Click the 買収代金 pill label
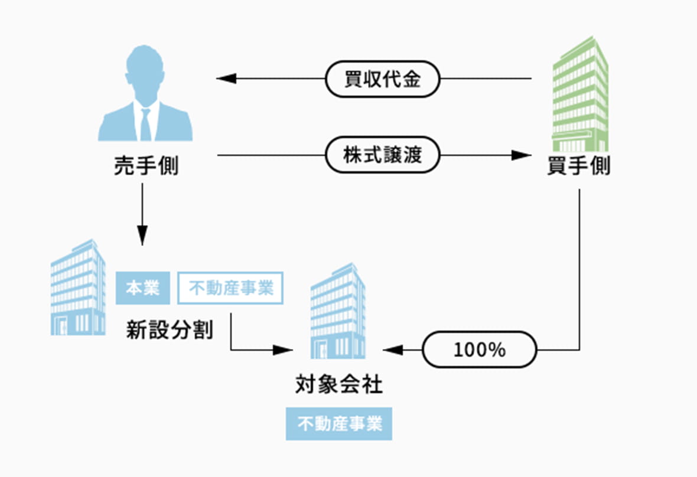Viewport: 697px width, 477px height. click(x=382, y=79)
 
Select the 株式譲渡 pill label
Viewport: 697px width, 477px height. click(x=382, y=155)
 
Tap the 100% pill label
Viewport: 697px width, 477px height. click(x=479, y=350)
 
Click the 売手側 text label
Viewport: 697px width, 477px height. click(x=145, y=167)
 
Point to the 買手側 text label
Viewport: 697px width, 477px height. click(x=578, y=167)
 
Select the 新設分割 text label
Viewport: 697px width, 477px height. click(x=169, y=329)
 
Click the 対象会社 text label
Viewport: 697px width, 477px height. click(x=339, y=385)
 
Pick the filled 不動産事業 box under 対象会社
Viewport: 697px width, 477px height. click(x=339, y=424)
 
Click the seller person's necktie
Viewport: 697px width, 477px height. click(x=145, y=124)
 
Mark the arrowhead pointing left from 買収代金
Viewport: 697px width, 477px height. click(x=226, y=79)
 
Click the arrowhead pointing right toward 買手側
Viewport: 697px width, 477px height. click(x=521, y=155)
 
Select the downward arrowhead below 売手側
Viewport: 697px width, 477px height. click(x=142, y=236)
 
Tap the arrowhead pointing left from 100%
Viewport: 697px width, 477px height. click(x=393, y=350)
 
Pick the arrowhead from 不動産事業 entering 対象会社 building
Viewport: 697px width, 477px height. click(x=283, y=350)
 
